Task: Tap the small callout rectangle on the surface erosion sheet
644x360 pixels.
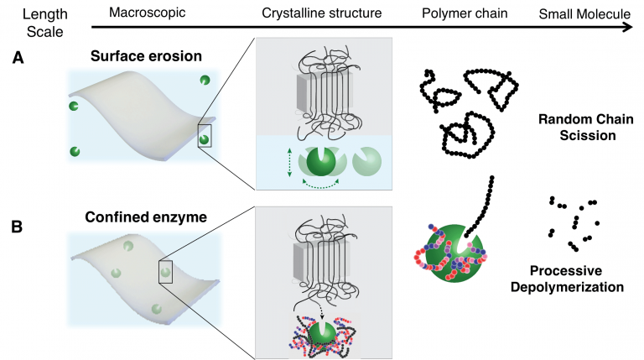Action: pyautogui.click(x=205, y=134)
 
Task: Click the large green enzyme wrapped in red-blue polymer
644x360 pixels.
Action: pyautogui.click(x=444, y=254)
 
